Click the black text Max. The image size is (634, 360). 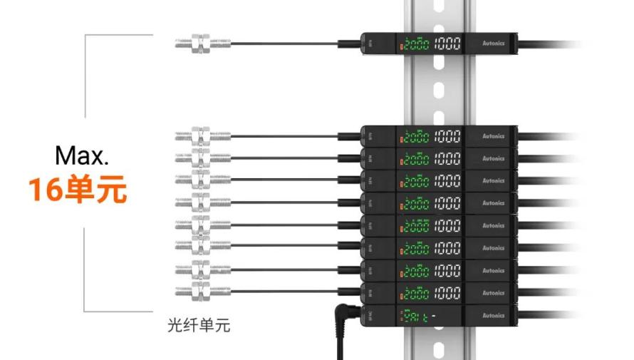(82, 155)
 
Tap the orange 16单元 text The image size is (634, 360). (78, 190)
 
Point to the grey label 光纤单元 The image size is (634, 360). (199, 326)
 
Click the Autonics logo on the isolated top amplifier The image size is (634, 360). (493, 43)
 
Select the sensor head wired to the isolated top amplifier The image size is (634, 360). (202, 44)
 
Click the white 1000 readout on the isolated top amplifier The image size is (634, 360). (447, 44)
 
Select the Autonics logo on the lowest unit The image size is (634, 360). (493, 315)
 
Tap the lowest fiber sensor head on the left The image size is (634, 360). (202, 292)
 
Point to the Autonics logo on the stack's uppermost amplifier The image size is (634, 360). (493, 135)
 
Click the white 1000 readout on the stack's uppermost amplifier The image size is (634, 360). (447, 135)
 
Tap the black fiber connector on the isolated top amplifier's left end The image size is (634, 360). (348, 44)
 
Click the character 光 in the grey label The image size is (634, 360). (174, 326)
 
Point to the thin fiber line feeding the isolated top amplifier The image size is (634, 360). (285, 44)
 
